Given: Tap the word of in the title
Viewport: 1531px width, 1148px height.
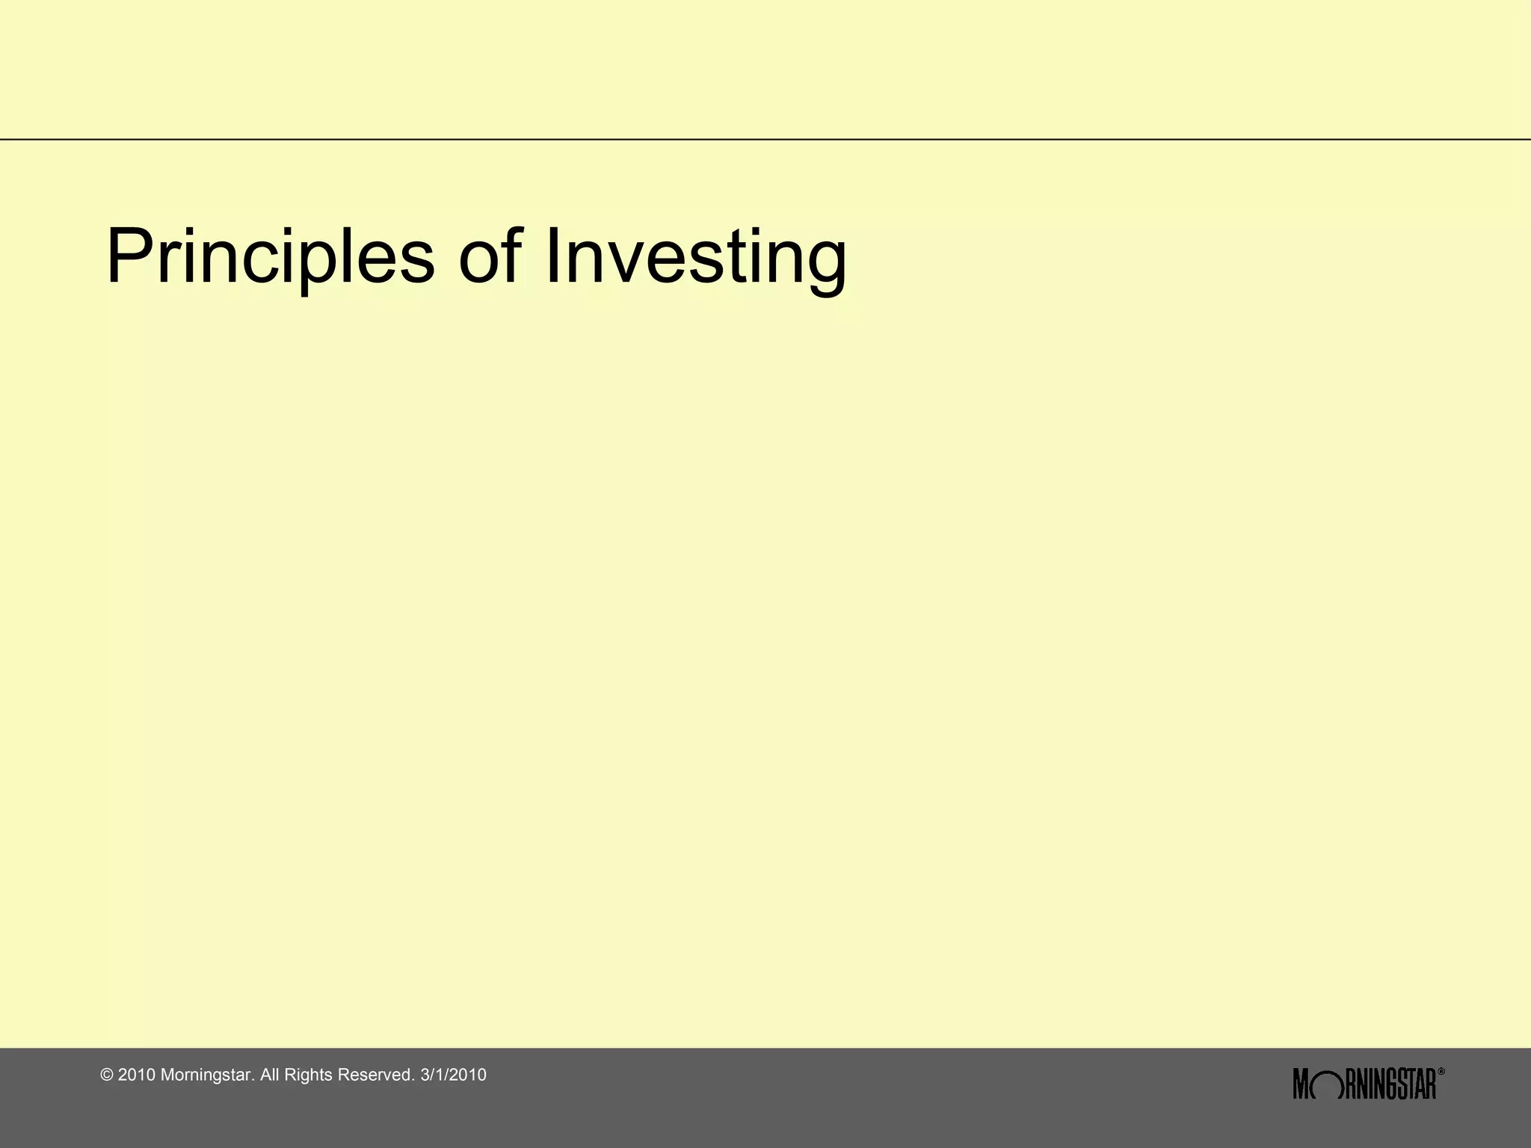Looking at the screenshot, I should tap(490, 256).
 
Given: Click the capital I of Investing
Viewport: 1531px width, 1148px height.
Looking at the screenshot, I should tap(553, 256).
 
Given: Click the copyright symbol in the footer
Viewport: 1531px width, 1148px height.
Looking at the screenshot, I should tap(107, 1076).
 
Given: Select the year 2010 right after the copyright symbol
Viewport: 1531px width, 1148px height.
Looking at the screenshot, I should tap(137, 1076).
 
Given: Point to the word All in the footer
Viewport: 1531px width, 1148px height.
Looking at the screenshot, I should tap(270, 1076).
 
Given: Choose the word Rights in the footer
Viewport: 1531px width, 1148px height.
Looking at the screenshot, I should tap(309, 1076).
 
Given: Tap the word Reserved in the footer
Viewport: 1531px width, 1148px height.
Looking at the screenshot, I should tap(376, 1076).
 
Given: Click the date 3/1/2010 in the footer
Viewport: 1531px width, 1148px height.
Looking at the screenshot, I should tap(454, 1076).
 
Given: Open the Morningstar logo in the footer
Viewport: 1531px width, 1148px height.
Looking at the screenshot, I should tap(1364, 1084).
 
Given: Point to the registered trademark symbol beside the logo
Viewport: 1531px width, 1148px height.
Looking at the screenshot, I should tap(1441, 1072).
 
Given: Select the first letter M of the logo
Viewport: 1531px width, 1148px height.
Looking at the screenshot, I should tap(1302, 1084).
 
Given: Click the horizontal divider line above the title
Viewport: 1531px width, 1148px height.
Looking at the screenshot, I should tap(765, 139).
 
